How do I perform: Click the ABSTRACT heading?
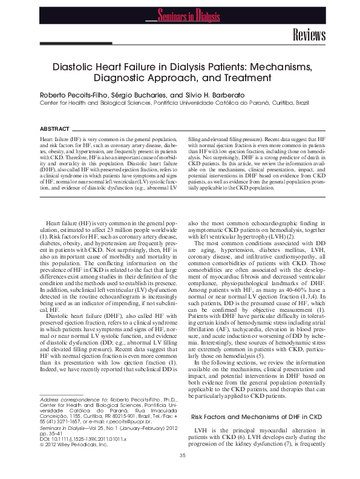pos(54,129)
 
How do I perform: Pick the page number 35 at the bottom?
pos(182,455)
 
